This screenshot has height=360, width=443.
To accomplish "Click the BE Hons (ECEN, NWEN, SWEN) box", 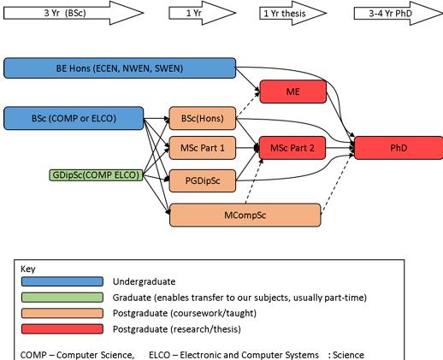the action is point(120,68).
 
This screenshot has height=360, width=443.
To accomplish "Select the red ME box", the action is point(293,91).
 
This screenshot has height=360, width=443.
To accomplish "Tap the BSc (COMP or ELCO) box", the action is point(74,118).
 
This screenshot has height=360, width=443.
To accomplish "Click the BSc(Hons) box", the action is point(203,118).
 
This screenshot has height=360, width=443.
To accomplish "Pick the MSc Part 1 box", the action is point(203,148).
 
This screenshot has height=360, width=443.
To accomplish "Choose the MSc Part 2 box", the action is point(292,148).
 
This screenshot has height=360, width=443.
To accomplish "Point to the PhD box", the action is point(399,148).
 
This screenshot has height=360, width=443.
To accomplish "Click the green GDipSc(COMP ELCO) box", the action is point(96,175).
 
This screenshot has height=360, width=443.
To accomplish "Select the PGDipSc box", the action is point(203,180).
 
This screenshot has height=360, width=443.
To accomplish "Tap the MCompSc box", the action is point(245,215).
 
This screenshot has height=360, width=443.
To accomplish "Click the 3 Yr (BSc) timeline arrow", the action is point(74,13).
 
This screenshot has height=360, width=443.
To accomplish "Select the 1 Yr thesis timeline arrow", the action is point(293,13).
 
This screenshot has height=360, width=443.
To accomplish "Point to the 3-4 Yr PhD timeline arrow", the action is point(399,13).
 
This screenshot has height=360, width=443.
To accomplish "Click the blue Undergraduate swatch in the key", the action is point(62,281).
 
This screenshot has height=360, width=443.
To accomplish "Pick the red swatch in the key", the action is point(62,329).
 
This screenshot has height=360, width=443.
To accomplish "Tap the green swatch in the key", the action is point(62,298).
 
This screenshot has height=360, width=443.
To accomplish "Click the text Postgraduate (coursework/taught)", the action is point(185,313).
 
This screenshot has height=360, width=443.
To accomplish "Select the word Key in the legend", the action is point(28,269).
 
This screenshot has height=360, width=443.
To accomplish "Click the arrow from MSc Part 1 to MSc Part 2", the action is point(247,148).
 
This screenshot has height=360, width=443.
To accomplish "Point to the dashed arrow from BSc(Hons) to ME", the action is point(248,104).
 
